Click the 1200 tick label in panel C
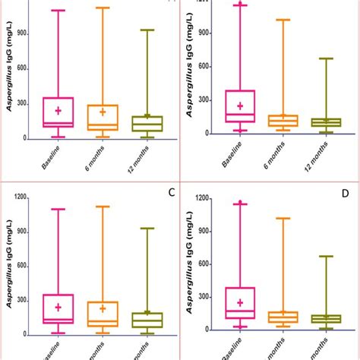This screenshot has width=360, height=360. click(17, 198)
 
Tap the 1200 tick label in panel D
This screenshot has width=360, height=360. click(199, 198)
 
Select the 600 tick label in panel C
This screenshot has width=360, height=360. click(21, 266)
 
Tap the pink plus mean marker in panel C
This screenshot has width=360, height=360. click(58, 307)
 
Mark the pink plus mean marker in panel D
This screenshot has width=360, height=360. click(240, 302)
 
